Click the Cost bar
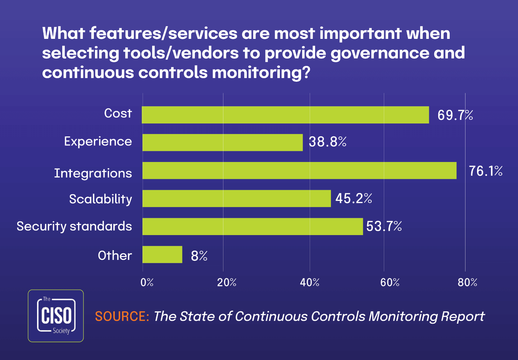(285, 115)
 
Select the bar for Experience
(222, 143)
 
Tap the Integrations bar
(299, 171)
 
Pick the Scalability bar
(236, 198)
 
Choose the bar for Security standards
(253, 226)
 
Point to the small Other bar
(162, 255)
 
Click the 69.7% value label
(455, 115)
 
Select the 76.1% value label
(485, 171)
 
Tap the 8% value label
(199, 256)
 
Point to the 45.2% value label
(354, 198)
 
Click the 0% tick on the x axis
(147, 283)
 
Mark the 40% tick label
(310, 283)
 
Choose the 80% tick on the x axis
(467, 283)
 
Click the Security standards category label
(74, 226)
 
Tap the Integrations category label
(93, 173)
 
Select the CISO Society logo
(56, 316)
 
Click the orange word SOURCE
(122, 316)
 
